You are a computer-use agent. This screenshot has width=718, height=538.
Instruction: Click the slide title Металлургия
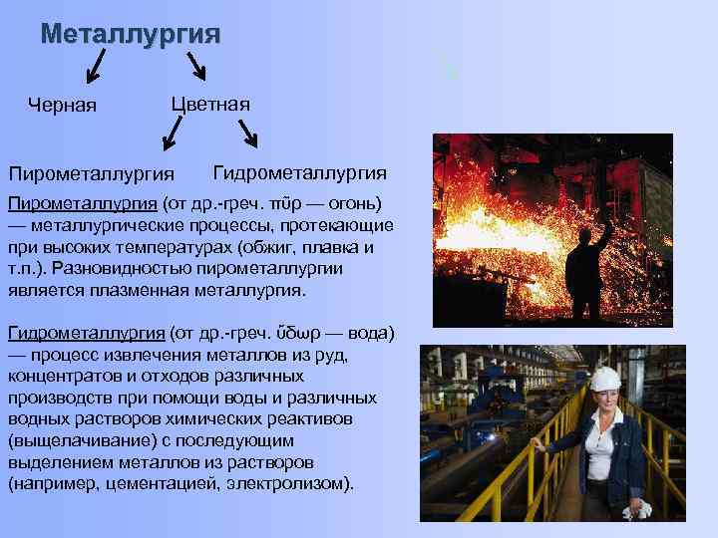(131, 34)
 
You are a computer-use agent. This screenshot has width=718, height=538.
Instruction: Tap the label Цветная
(210, 104)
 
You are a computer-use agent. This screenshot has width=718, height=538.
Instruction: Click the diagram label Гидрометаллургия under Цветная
(300, 171)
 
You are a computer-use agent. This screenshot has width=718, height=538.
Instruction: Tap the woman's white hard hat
(604, 378)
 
